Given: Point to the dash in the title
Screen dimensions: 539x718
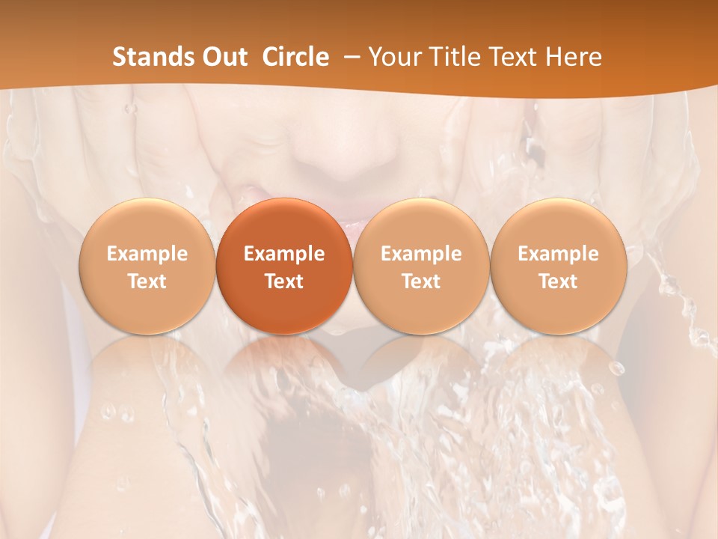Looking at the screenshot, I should coord(349,57).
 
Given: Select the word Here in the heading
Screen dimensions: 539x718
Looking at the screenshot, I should coord(574,57).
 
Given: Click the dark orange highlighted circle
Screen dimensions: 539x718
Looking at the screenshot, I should coord(284,266).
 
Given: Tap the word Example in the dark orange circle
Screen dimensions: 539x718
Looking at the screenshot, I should coord(284,254).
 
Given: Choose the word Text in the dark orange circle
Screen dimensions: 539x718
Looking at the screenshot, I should coord(284,281).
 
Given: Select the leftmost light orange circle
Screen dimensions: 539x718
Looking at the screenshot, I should coord(147,266).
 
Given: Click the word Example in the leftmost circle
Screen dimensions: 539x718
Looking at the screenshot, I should coord(147,254).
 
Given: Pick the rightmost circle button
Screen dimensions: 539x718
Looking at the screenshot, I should coord(558,266).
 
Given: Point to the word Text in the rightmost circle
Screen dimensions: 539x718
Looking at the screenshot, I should coord(558,281).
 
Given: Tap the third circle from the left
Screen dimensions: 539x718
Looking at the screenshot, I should coord(421,266).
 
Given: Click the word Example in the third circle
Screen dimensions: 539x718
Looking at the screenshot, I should coord(421,254).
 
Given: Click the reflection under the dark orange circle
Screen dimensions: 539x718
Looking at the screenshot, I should coord(284,367).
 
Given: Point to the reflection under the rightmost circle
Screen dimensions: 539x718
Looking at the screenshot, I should coord(558,367).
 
